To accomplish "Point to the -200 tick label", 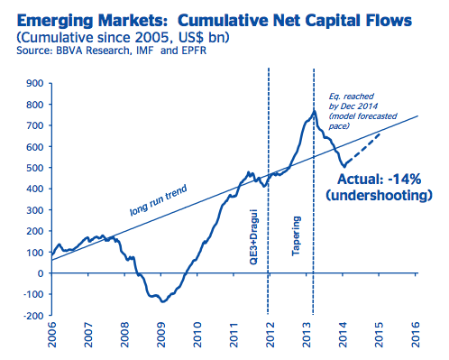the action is (33, 316).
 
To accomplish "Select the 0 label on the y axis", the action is (41, 273).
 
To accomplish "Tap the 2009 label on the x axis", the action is (161, 335).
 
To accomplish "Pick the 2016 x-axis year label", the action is (415, 335).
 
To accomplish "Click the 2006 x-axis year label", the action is (52, 335).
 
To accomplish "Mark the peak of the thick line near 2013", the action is (314, 111).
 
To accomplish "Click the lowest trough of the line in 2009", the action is (163, 301).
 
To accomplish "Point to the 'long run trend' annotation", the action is (159, 200).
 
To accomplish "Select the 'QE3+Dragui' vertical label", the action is (254, 236).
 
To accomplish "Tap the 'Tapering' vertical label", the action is (296, 235).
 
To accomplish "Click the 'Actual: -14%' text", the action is (380, 180).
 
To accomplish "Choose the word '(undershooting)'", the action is (380, 195).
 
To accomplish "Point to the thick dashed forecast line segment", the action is (362, 148).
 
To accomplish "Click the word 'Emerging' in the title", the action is (55, 21).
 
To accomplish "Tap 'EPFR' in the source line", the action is (194, 51).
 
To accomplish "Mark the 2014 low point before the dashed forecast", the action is (344, 166).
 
